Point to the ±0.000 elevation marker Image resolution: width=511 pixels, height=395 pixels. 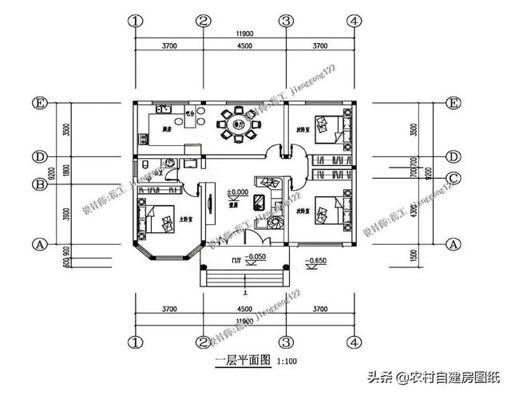tap(237, 192)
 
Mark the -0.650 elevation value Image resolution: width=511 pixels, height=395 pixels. tap(318, 261)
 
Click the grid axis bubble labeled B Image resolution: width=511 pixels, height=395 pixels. tap(38, 184)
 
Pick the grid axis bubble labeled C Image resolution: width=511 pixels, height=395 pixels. tap(454, 177)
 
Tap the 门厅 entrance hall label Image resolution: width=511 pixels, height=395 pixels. tap(236, 259)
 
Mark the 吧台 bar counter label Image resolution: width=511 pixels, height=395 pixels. tap(190, 114)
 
